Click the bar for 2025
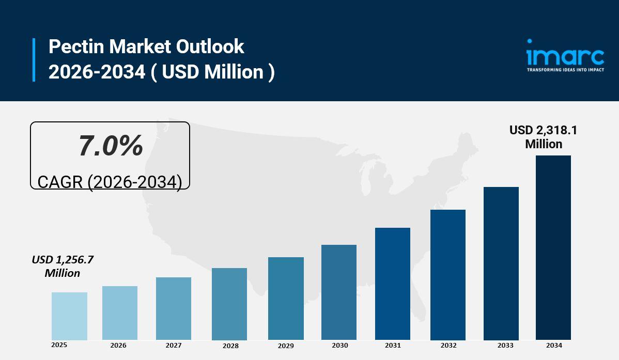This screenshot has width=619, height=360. tap(69, 316)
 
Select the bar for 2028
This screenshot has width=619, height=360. tap(229, 304)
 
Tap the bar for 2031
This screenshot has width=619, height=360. tap(393, 284)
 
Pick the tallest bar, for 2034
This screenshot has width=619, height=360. tap(553, 247)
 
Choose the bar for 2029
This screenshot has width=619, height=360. tap(286, 298)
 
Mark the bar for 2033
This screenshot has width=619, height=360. tap(501, 263)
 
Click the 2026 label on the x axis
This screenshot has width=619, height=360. tap(118, 346)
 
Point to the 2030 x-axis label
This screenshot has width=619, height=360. tap(339, 346)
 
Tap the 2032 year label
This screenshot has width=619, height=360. tap(448, 346)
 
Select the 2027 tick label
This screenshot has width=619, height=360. tap(174, 346)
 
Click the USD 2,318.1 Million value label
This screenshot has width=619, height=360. tap(544, 137)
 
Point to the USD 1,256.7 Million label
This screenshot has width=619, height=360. tap(63, 266)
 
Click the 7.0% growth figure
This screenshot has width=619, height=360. tap(111, 146)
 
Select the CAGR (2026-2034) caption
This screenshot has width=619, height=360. tap(110, 182)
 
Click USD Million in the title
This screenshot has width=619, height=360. tap(213, 72)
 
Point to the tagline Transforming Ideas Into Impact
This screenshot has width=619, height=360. tap(565, 69)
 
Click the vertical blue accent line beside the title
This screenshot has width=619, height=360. tap(34, 59)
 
